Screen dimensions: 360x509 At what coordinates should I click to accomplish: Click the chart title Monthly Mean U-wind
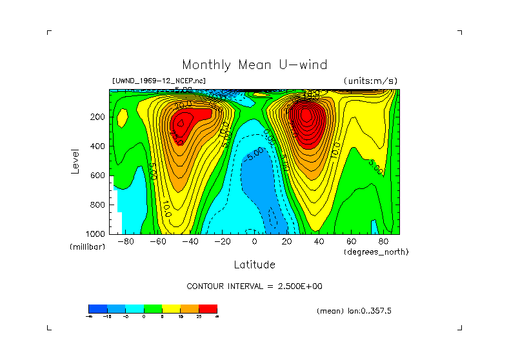tap(254, 65)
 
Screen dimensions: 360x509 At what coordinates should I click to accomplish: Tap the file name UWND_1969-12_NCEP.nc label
tap(159, 81)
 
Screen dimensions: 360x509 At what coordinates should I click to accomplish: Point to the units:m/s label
tap(370, 81)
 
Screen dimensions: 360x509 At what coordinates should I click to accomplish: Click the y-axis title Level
tap(75, 160)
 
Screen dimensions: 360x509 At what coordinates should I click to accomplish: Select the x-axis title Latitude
tap(254, 265)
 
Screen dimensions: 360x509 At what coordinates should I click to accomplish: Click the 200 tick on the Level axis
tap(99, 117)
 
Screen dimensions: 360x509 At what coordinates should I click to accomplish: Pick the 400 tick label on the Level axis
tap(99, 146)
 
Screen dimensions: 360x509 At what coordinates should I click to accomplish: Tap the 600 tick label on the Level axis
tap(99, 175)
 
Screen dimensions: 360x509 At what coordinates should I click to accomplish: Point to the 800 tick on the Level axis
tap(99, 205)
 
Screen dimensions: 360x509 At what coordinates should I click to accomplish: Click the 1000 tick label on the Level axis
tap(97, 234)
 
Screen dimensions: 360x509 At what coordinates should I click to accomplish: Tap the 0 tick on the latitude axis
tap(254, 242)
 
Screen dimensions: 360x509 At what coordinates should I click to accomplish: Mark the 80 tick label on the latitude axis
tap(383, 242)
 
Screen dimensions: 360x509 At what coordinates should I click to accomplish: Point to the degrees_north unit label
tap(376, 252)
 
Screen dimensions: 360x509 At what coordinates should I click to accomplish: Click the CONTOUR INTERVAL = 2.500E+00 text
tap(254, 286)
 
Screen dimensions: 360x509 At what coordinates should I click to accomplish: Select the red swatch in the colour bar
tap(208, 308)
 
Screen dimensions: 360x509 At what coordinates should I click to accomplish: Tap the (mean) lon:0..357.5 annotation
tap(354, 311)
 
